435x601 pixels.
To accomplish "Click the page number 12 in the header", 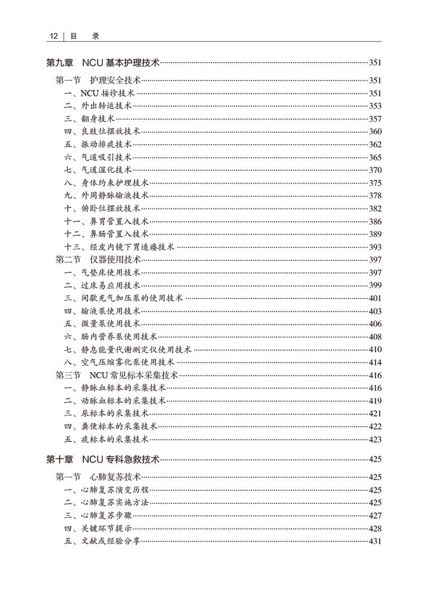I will point(53,36).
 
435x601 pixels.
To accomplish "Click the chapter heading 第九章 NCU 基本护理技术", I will point(103,63).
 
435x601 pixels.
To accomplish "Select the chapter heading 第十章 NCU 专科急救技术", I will point(103,459).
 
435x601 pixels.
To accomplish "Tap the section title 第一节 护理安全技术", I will point(98,80).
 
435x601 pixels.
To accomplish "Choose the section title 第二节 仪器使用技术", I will point(98,260).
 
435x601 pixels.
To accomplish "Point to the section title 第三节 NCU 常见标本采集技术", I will point(117,375).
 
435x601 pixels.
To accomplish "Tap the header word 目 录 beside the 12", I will point(83,36).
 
